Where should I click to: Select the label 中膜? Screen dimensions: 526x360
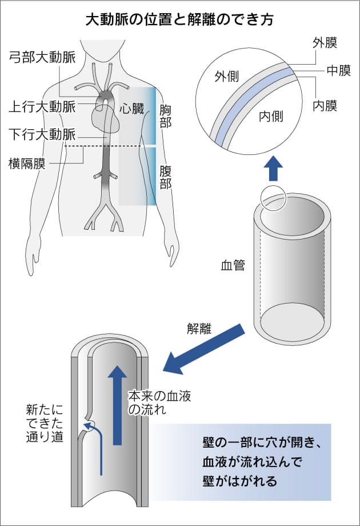(x=338, y=71)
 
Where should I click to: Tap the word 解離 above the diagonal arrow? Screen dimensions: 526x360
(x=198, y=329)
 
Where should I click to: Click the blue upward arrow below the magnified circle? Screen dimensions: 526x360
(x=275, y=168)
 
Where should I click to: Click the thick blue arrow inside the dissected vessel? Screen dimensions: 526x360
(x=118, y=404)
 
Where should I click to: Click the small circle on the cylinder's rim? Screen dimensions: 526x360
(x=273, y=198)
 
